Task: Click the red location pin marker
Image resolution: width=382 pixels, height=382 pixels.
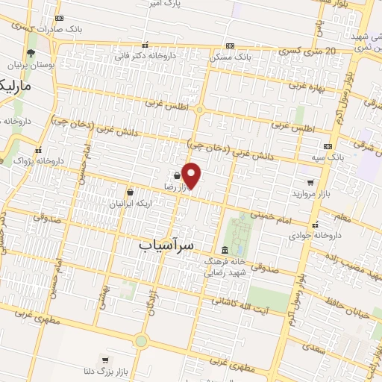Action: [x=192, y=175]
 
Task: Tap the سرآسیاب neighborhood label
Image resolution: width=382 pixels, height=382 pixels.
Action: [x=166, y=244]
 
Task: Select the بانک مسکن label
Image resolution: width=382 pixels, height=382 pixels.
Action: [x=251, y=57]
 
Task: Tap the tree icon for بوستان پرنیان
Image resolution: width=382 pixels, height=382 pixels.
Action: [x=30, y=53]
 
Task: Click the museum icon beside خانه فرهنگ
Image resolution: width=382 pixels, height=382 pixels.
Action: [x=225, y=250]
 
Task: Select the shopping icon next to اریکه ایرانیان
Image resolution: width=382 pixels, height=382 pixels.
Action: [x=131, y=192]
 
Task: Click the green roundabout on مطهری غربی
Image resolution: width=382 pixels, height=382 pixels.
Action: [x=140, y=341]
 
